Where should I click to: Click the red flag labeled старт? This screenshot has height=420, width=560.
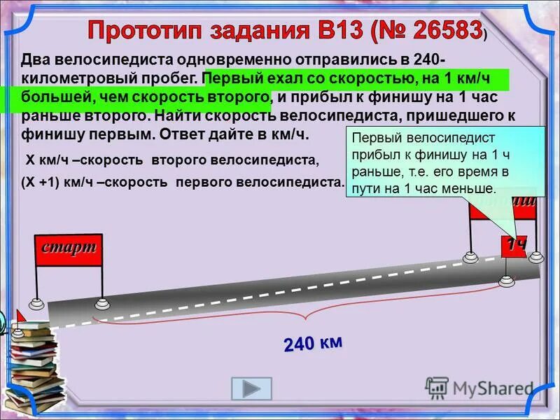point(69,249)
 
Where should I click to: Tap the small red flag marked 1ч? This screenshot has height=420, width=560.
point(516,246)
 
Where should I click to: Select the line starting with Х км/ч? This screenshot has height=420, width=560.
point(172,160)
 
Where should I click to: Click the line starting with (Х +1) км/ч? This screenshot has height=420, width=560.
point(183,181)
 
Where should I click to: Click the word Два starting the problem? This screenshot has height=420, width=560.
point(37,59)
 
